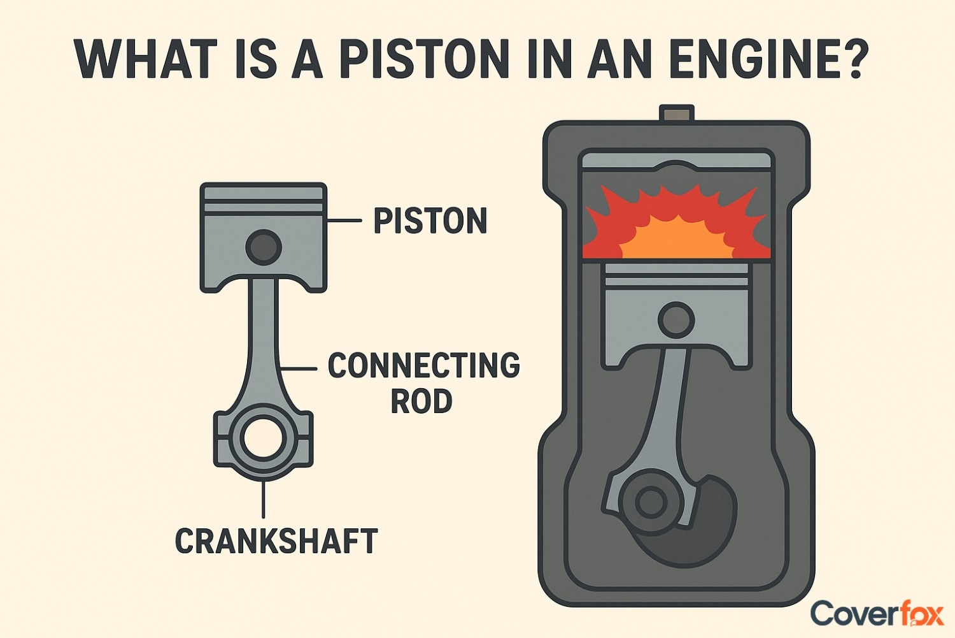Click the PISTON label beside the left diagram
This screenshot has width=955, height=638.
point(430,221)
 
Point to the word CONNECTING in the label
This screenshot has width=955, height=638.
point(423,365)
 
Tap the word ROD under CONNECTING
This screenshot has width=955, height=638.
point(421,401)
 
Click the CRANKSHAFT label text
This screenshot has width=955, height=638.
point(276,541)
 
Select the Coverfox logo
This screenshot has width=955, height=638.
point(877,614)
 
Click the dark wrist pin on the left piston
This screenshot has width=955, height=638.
point(264,247)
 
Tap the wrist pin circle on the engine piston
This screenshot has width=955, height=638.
point(676,319)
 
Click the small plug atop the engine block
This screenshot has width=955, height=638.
point(676,114)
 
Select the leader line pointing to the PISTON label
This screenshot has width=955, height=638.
point(344,221)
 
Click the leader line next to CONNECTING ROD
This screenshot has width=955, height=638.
point(298,368)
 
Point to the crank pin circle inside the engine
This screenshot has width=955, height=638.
point(651,502)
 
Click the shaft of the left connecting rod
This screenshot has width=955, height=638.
point(263,344)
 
